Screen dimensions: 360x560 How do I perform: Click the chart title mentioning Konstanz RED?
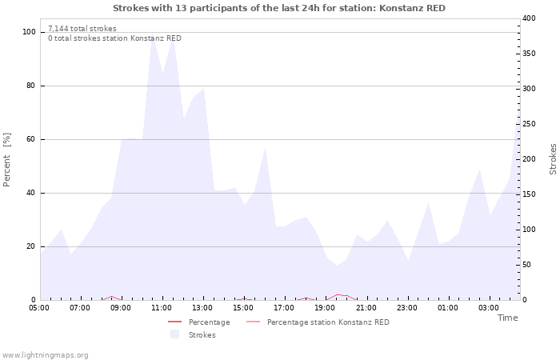[x=279, y=8]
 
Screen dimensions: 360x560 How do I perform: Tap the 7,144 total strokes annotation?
[x=82, y=29]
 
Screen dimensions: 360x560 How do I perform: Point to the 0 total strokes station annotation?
[x=114, y=38]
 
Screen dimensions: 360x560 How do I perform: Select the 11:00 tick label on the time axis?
[x=162, y=307]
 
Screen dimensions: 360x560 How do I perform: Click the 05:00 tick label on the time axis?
[x=39, y=307]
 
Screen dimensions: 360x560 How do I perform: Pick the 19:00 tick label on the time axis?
[x=325, y=307]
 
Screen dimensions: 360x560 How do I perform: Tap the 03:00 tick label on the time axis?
[x=488, y=307]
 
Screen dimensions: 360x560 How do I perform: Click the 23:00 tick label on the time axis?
[x=406, y=307]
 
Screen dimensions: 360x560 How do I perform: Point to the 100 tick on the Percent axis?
[x=29, y=32]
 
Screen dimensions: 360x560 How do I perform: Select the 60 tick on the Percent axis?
[x=30, y=139]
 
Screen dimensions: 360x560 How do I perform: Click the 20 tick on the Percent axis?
[x=30, y=246]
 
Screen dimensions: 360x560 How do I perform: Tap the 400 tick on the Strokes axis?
[x=530, y=18]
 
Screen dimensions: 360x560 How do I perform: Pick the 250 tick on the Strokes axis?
[x=530, y=124]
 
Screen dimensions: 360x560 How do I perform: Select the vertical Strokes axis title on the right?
[x=553, y=159]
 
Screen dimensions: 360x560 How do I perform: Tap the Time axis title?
[x=507, y=318]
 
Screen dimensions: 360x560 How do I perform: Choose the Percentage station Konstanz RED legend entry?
[x=328, y=322]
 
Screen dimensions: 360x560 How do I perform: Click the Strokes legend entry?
[x=202, y=335]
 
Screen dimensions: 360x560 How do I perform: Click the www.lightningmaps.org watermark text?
[x=46, y=355]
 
